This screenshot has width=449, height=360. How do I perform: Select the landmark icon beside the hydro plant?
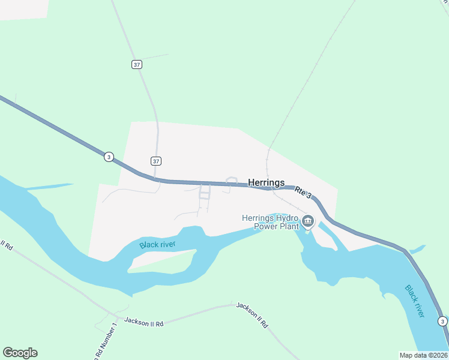(x=308, y=222)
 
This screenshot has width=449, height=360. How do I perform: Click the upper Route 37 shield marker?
(x=137, y=65)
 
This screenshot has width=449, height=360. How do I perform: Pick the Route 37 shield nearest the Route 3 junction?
(x=156, y=161)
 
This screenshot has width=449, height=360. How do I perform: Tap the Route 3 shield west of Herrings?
(x=108, y=157)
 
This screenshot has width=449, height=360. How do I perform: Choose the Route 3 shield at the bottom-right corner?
(x=442, y=321)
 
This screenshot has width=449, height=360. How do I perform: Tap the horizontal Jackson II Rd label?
(x=143, y=322)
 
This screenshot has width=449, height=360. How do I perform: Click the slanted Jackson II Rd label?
(x=252, y=314)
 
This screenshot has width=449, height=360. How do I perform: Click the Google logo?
(x=20, y=353)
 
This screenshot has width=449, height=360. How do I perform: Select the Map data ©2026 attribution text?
(x=424, y=355)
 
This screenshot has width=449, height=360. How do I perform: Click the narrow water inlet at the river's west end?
(x=48, y=187)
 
